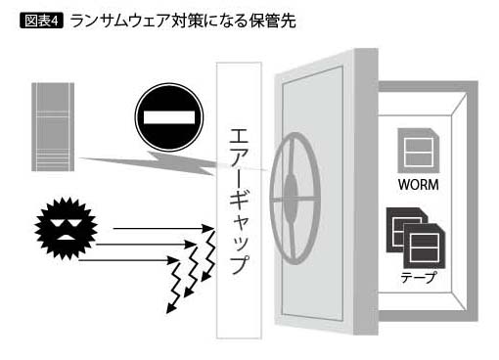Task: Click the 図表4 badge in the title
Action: pyautogui.click(x=41, y=21)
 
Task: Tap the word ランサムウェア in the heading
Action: pyautogui.click(x=119, y=21)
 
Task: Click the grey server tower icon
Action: pyautogui.click(x=53, y=127)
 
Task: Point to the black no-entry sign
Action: pyautogui.click(x=169, y=117)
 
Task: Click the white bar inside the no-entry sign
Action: pyautogui.click(x=169, y=117)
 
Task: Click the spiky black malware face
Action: pyautogui.click(x=66, y=228)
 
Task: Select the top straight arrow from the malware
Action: pyautogui.click(x=163, y=229)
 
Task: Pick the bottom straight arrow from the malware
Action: pyautogui.click(x=128, y=260)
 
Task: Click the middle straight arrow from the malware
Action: pyautogui.click(x=146, y=245)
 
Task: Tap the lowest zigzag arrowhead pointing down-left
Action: pyautogui.click(x=170, y=309)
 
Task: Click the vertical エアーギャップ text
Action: pyautogui.click(x=239, y=202)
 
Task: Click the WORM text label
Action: pyautogui.click(x=419, y=185)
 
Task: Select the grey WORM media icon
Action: pyautogui.click(x=419, y=151)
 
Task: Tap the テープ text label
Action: pyautogui.click(x=418, y=278)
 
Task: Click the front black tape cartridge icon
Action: pyautogui.click(x=425, y=247)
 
